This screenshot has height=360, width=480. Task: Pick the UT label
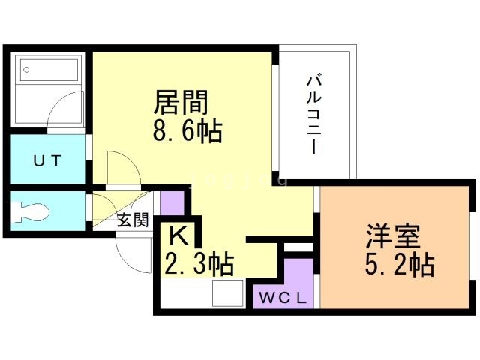click(x=46, y=160)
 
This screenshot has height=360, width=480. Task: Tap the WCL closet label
click(x=283, y=298)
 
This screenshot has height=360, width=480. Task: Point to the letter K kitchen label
click(x=176, y=236)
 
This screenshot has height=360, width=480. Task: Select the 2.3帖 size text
click(x=198, y=264)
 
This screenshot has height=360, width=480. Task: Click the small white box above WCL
click(x=298, y=247)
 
